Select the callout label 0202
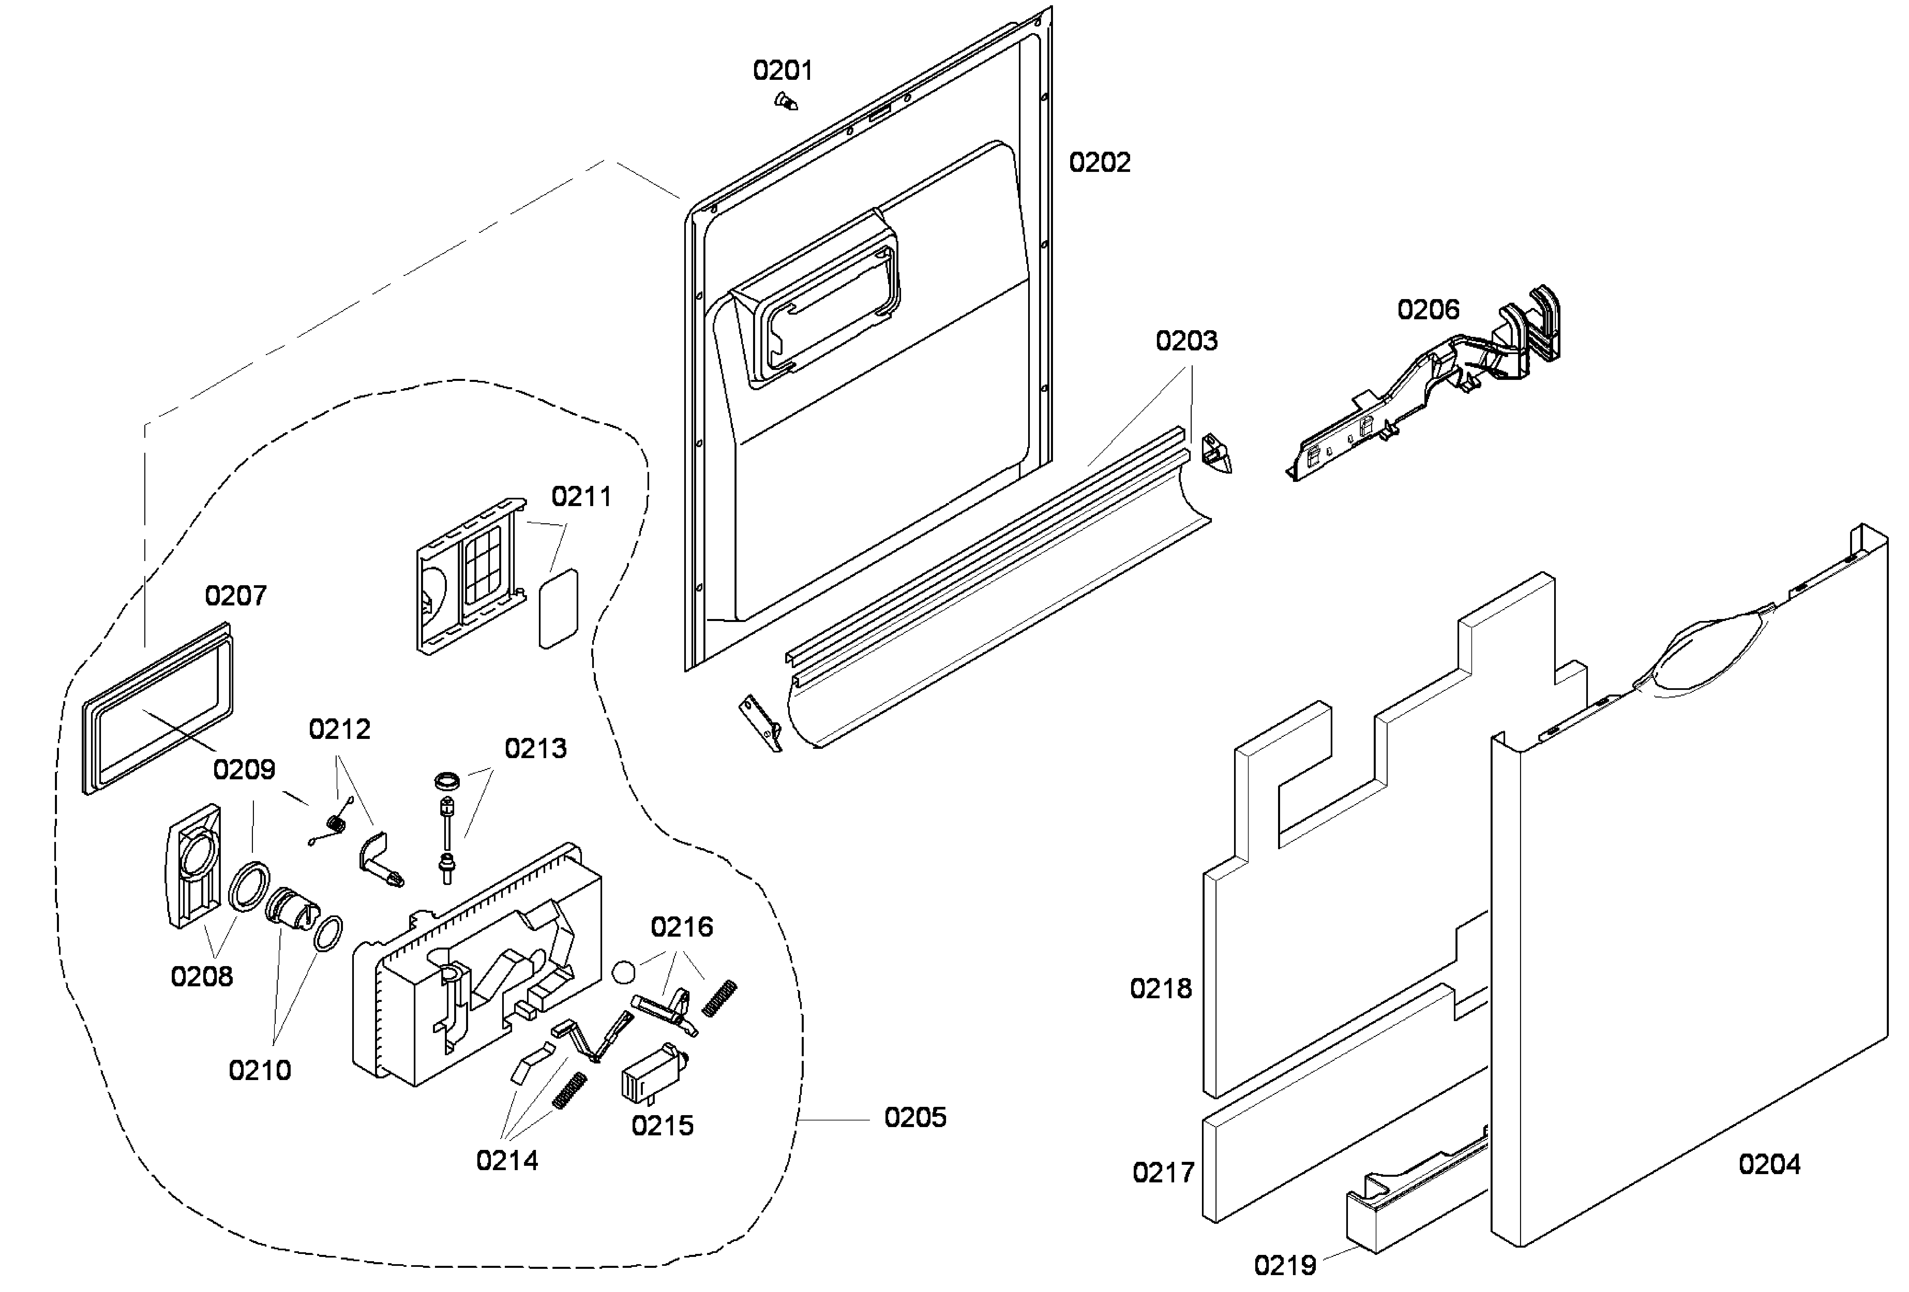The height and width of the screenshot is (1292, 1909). coord(1099,163)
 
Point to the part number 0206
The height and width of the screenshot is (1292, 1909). coord(1428,310)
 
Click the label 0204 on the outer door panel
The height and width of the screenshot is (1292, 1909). coord(1769,1164)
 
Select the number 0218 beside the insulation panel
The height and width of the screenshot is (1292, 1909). coord(1160,989)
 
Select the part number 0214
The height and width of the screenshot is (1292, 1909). coord(507,1161)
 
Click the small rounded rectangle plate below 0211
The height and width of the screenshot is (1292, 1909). coord(558,608)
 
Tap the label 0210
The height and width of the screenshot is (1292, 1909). coord(260,1070)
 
